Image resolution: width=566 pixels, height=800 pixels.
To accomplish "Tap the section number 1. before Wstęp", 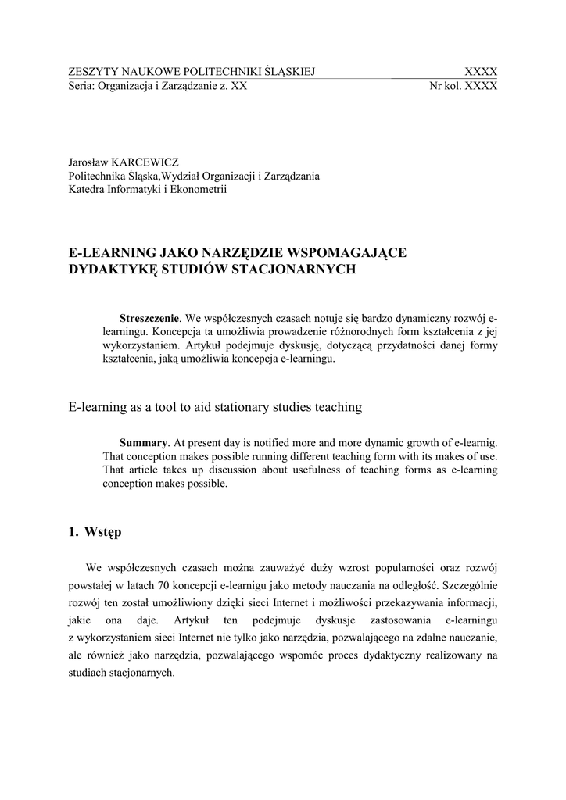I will [73, 533].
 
